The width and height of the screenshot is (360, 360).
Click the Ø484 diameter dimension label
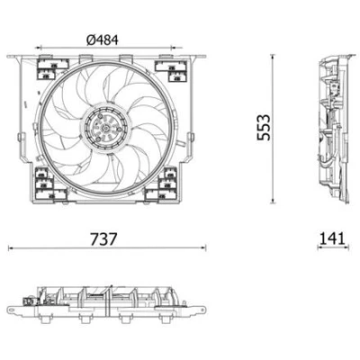(x=103, y=40)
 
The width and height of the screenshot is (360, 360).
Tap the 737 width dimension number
(x=103, y=239)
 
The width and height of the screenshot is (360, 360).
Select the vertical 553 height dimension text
(x=264, y=127)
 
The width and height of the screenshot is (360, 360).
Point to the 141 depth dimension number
(x=332, y=239)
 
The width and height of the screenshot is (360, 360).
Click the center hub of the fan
(x=105, y=129)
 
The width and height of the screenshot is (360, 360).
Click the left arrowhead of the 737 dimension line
(x=11, y=247)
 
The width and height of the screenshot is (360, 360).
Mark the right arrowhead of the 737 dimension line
(x=203, y=247)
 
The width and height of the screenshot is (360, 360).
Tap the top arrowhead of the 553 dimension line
(x=273, y=57)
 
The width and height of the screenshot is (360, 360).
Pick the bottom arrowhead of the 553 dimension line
(x=273, y=201)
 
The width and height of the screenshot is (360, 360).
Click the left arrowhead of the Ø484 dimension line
(x=39, y=48)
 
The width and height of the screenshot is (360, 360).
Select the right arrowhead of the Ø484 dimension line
(x=174, y=48)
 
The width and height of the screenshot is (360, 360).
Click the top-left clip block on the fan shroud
(x=51, y=69)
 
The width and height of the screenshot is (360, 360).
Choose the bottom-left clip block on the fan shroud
(x=49, y=184)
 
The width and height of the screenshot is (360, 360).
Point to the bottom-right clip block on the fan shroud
(x=162, y=184)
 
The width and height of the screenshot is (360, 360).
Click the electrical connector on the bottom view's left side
(x=29, y=301)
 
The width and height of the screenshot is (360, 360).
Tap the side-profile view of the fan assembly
(x=335, y=129)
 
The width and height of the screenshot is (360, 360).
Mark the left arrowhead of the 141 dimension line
(x=320, y=247)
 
